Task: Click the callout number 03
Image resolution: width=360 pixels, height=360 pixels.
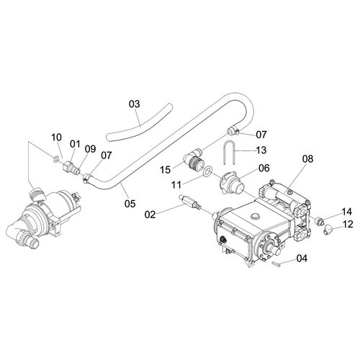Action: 134,104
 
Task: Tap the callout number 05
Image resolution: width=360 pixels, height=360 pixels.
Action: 130,204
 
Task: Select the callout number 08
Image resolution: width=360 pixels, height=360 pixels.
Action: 308,158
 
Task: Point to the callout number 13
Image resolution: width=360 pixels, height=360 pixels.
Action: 261,150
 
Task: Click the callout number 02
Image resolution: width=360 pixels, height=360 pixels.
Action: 150,215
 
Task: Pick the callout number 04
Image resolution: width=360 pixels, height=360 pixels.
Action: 302,258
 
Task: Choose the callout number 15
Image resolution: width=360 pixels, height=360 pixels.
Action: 166,170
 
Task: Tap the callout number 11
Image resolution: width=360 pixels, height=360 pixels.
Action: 176,185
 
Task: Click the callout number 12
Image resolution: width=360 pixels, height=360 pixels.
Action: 348,224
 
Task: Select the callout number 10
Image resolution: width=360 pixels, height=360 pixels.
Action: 57,138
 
